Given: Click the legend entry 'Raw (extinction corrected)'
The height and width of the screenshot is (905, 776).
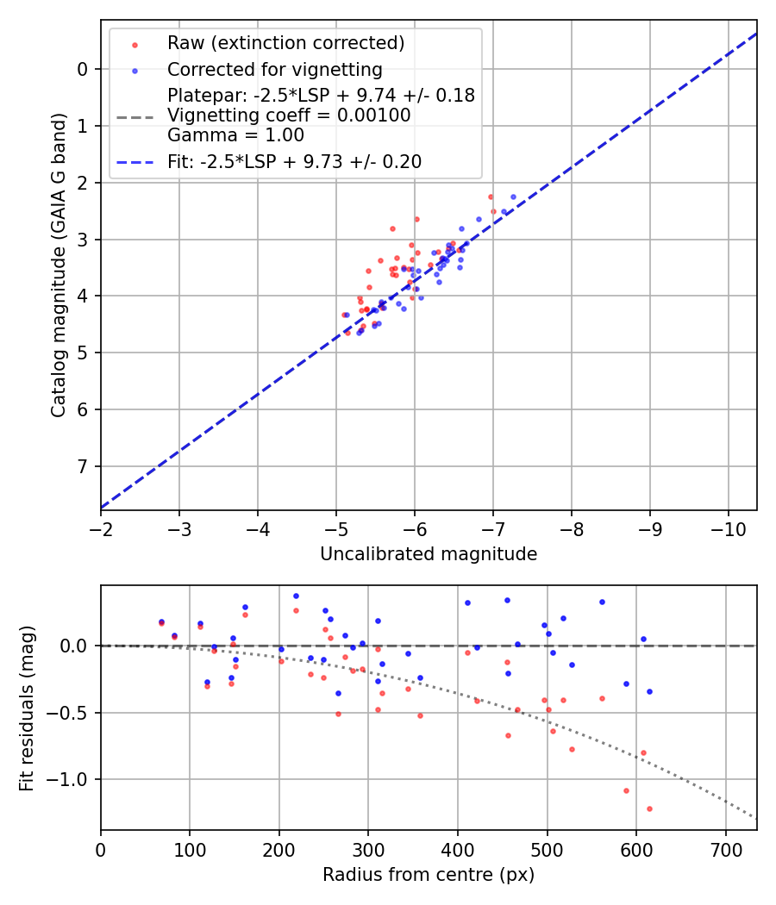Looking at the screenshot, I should coord(285,43).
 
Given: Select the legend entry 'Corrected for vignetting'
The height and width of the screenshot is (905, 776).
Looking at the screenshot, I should coord(275,69).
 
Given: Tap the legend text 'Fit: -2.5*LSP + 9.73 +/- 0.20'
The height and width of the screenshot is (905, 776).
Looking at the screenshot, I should coord(294,161).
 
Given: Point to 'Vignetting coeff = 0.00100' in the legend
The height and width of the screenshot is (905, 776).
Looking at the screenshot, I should coord(289,115).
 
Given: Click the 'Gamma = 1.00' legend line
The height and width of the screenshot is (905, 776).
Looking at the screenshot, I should coord(235,135).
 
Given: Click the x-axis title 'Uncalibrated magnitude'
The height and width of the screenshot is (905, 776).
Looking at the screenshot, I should coord(429,554).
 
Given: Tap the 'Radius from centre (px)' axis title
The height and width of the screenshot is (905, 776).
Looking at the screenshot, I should coord(429,875).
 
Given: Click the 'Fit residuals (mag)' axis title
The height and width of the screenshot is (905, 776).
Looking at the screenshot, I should coord(27,708).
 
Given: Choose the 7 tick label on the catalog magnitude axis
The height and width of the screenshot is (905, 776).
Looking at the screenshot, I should coord(83,467).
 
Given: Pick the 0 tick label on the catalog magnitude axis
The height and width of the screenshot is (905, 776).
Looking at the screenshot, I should coord(83,69).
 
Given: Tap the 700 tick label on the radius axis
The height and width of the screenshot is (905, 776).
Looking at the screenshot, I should coord(725,848).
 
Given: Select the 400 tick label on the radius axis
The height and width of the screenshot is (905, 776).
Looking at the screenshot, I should coord(458,848).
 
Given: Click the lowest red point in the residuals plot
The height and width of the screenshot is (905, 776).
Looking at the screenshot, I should coord(649,808).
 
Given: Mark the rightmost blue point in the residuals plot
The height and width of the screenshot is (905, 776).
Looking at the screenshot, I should coord(649,691).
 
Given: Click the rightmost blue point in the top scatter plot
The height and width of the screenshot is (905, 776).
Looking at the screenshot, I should coord(513,197).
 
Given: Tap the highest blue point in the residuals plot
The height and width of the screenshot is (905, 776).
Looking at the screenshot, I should coord(296,596).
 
